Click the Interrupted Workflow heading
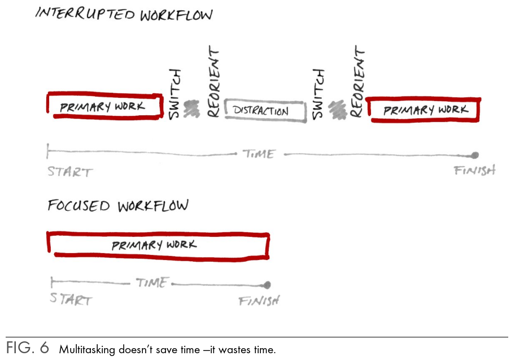click(124, 14)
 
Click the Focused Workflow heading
click(117, 206)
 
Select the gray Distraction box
click(265, 110)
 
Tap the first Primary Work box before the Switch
click(103, 106)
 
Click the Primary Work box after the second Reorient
click(424, 110)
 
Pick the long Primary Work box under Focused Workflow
click(158, 245)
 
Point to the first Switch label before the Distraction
click(175, 94)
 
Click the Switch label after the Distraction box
click(319, 94)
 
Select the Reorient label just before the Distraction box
click(213, 83)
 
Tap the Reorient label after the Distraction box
click(356, 82)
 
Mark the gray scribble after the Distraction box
click(338, 109)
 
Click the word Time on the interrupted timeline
click(259, 154)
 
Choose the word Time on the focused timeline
click(152, 283)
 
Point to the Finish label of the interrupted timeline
click(474, 170)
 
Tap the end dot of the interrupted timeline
click(475, 155)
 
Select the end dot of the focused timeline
click(267, 285)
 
